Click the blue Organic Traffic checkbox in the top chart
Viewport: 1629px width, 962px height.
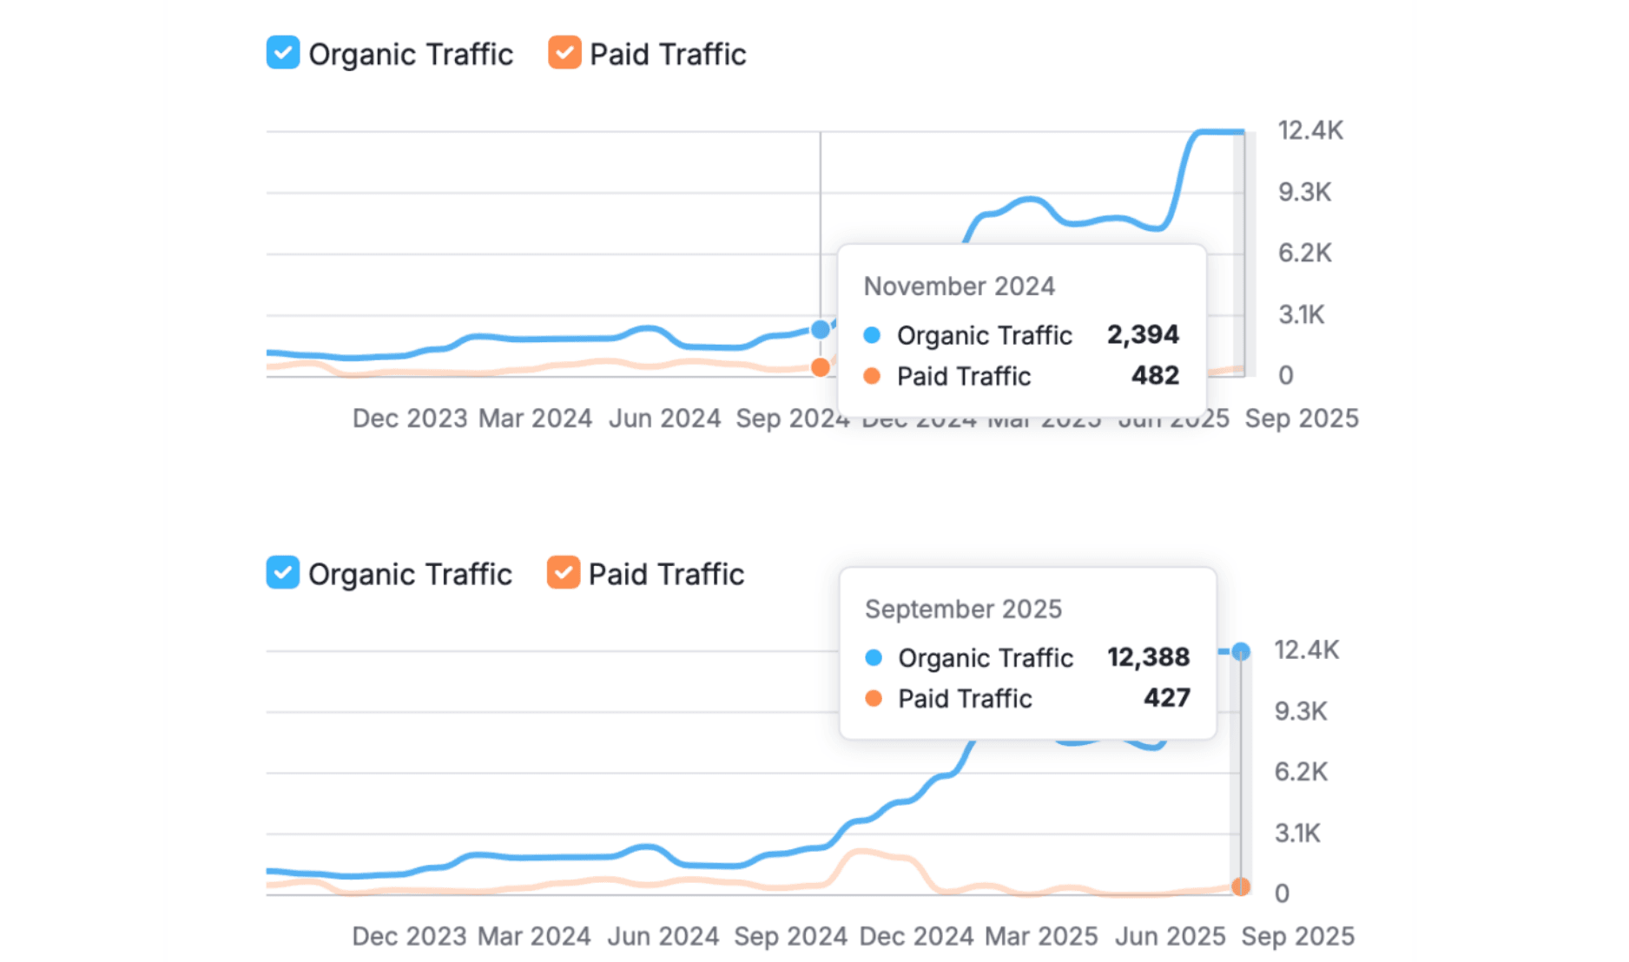click(x=283, y=53)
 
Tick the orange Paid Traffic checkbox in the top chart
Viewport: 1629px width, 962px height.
click(x=564, y=53)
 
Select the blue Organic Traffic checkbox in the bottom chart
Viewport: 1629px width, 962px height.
click(x=283, y=573)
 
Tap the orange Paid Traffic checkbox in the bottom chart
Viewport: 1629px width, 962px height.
click(x=564, y=573)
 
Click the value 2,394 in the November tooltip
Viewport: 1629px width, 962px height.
click(x=1142, y=334)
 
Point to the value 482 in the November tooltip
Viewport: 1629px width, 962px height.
click(x=1155, y=375)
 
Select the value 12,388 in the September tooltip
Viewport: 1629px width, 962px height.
click(x=1148, y=657)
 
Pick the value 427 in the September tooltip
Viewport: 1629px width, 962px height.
click(x=1166, y=698)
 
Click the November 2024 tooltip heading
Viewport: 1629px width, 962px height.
click(x=959, y=287)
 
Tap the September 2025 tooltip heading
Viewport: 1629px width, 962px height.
click(x=963, y=609)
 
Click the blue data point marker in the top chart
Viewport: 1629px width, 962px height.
click(x=820, y=329)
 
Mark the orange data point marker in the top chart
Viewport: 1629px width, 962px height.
click(x=820, y=367)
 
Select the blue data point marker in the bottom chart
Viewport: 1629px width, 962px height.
click(x=1241, y=651)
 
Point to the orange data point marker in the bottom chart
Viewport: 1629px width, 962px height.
click(x=1241, y=886)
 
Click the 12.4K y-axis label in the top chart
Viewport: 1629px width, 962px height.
click(x=1309, y=130)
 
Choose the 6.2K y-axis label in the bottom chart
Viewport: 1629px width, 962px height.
click(x=1301, y=771)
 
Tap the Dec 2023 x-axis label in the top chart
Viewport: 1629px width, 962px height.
click(x=410, y=418)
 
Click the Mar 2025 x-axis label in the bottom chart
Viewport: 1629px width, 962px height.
click(x=1041, y=937)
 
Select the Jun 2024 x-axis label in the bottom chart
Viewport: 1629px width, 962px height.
click(x=663, y=937)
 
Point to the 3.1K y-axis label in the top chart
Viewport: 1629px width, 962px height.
click(x=1301, y=314)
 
